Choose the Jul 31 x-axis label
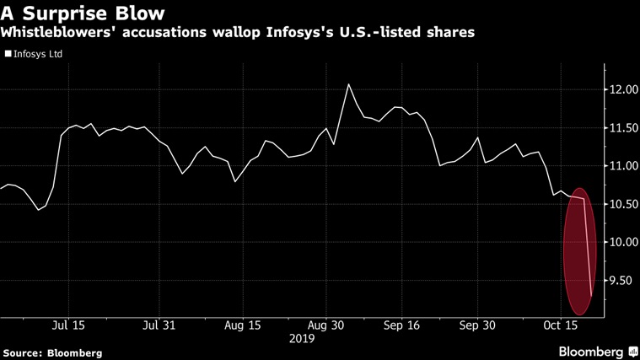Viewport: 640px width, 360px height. [x=161, y=325]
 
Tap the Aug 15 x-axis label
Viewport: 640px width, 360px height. [x=242, y=325]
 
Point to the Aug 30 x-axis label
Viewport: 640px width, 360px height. [x=324, y=325]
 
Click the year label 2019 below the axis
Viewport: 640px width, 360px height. [x=301, y=338]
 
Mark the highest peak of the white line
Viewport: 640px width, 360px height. [x=347, y=84]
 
